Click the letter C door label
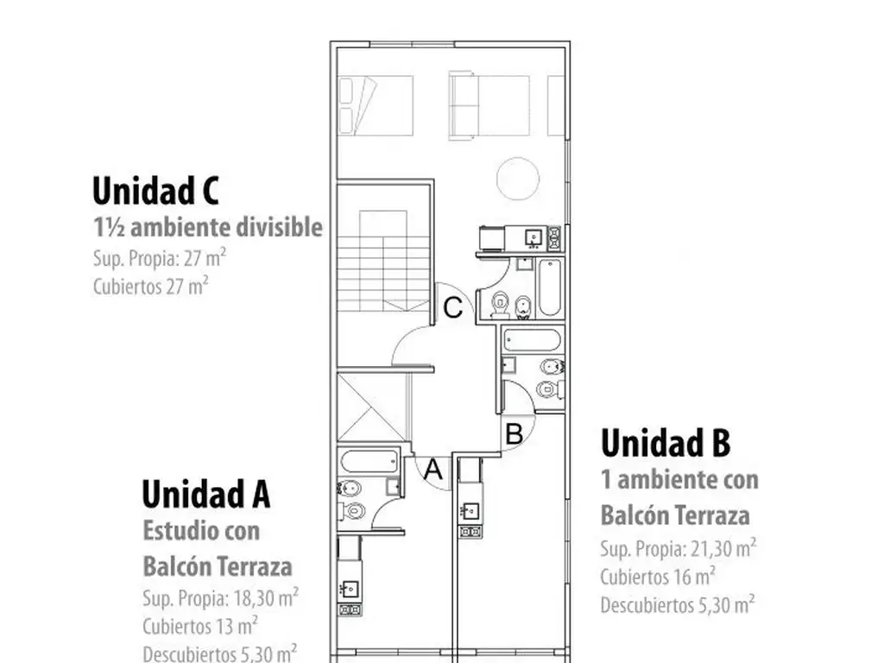[x=454, y=308]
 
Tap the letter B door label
[x=513, y=433]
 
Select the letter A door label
[x=434, y=471]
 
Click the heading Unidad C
[x=155, y=190]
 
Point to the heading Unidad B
[x=666, y=443]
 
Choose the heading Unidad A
[x=206, y=495]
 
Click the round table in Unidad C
[x=518, y=178]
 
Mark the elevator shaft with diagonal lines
[x=372, y=406]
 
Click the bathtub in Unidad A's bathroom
[x=369, y=460]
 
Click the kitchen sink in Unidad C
[x=533, y=237]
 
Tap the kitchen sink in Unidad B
[x=470, y=510]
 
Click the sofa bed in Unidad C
[x=489, y=105]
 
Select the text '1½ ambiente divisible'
[x=208, y=228]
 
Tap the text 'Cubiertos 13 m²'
[x=200, y=624]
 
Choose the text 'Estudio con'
[x=201, y=530]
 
